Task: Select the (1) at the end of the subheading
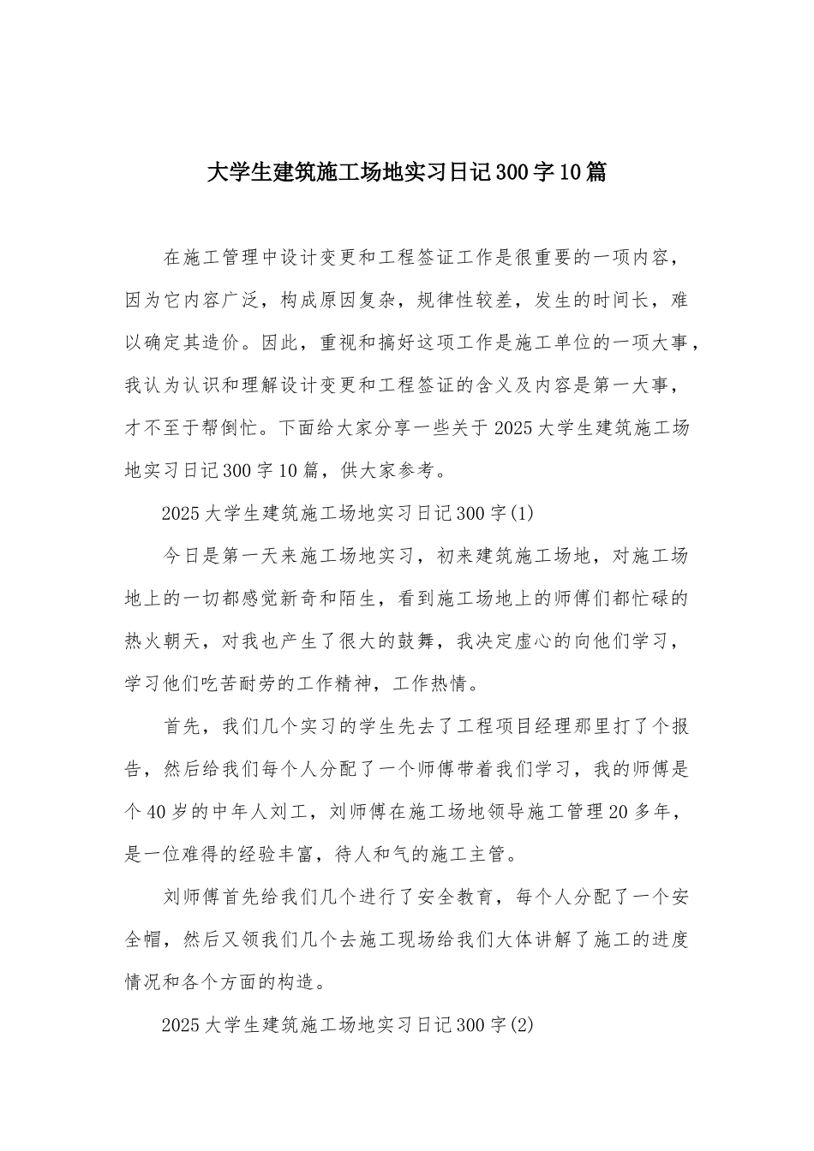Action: click(522, 514)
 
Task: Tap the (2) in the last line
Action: click(522, 1025)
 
